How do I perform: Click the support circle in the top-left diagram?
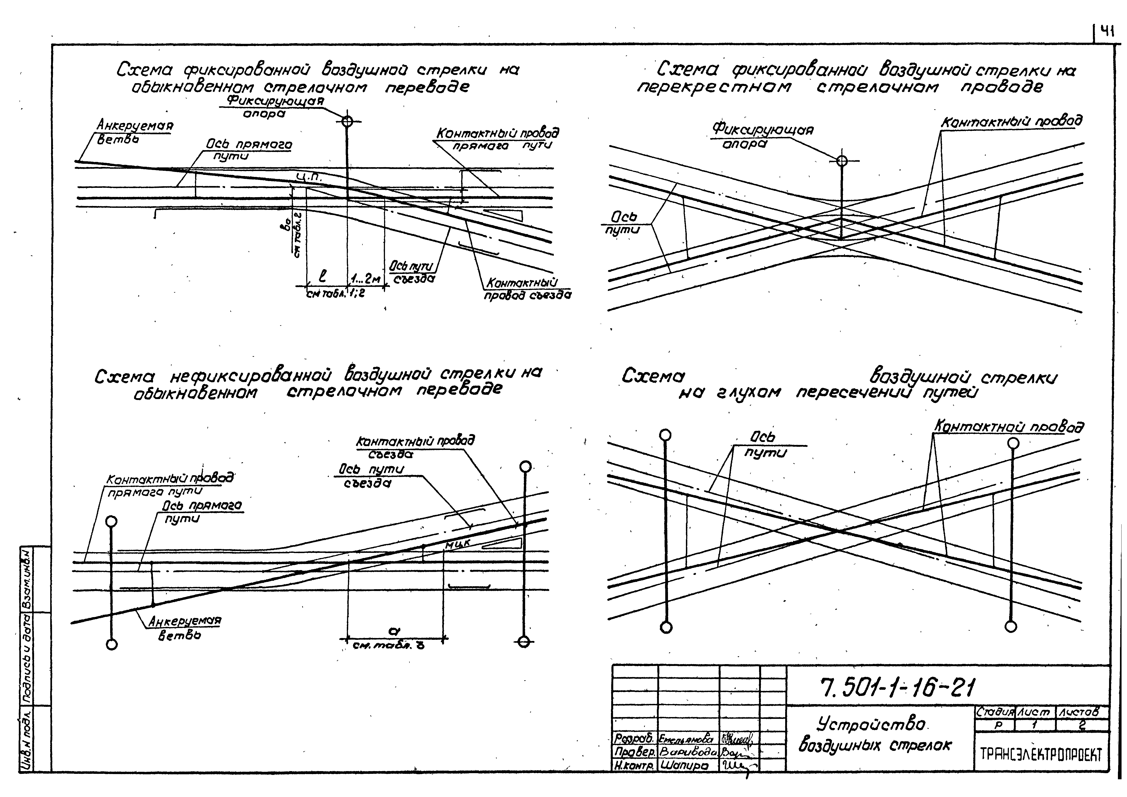[347, 121]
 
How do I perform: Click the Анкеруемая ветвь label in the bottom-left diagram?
[184, 628]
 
